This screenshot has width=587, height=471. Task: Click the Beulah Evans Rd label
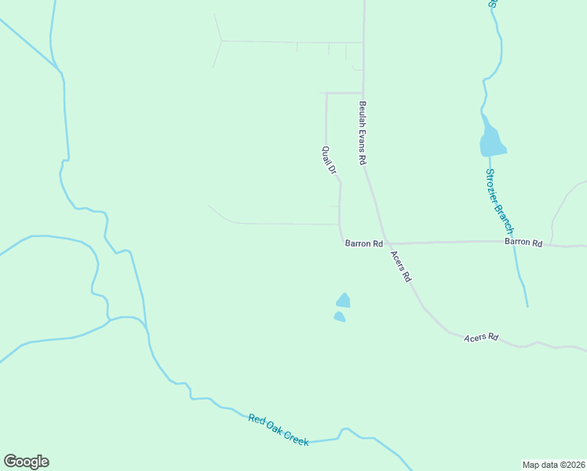(363, 132)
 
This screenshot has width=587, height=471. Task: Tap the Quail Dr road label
(329, 159)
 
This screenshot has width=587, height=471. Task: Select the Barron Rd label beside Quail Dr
(363, 244)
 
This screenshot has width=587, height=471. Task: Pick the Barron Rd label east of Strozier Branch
(523, 243)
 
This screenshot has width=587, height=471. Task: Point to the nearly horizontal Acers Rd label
(481, 338)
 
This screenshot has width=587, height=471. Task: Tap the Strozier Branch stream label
(498, 201)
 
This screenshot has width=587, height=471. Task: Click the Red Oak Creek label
(279, 431)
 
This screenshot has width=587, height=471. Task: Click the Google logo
(26, 462)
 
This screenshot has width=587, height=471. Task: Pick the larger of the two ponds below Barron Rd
(343, 300)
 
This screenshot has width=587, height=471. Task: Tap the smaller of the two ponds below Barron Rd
(339, 316)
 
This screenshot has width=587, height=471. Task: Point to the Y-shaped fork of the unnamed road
(223, 40)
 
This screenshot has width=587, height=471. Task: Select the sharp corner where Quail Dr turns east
(326, 93)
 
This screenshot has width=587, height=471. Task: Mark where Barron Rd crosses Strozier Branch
(515, 242)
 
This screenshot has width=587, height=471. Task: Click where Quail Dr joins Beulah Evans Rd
(363, 93)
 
